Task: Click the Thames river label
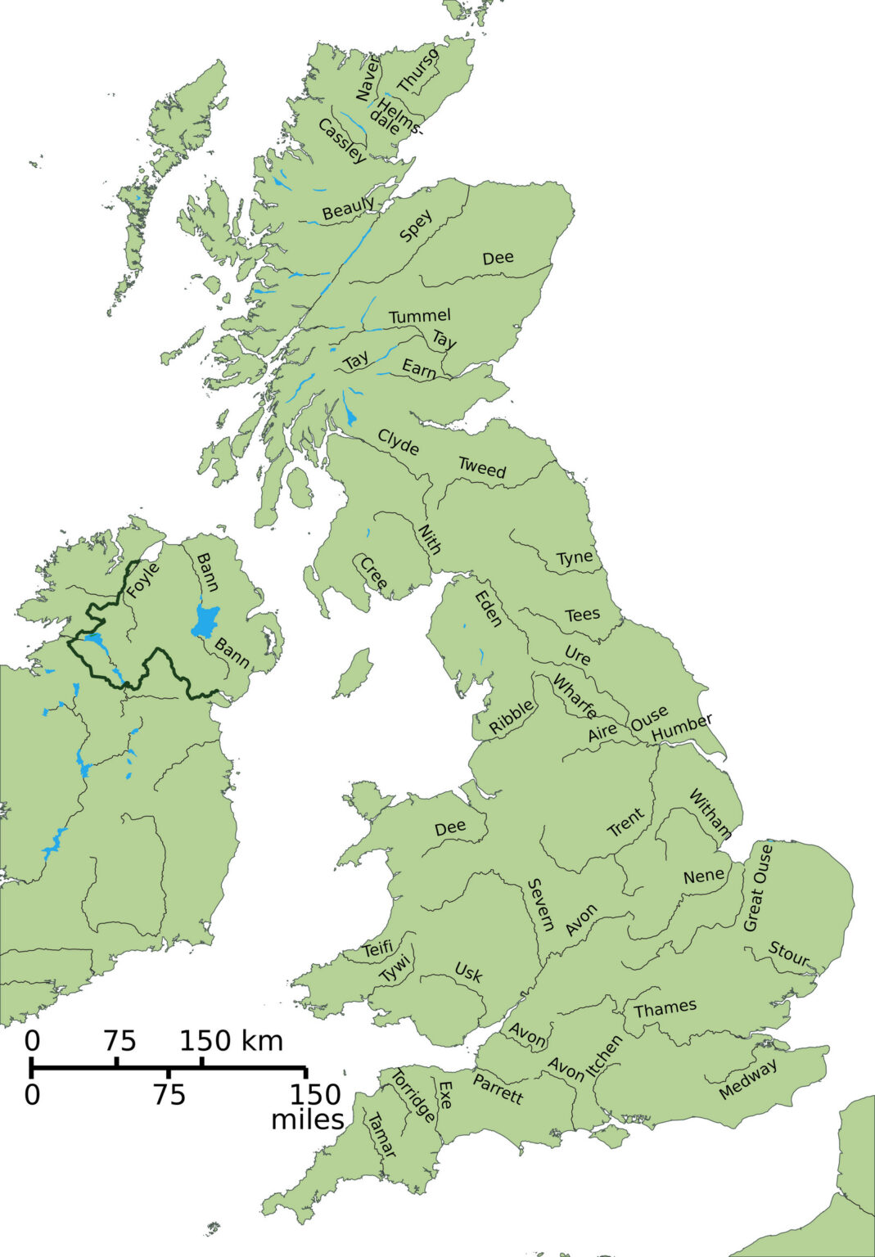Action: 665,1007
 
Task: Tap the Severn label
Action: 540,904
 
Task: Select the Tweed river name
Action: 482,468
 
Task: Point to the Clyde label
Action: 399,442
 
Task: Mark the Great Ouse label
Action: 757,888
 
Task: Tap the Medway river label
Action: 748,1079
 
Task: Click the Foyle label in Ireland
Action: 143,581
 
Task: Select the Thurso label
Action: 417,70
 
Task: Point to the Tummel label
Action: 419,316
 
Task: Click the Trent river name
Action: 625,823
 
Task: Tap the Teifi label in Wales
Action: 377,949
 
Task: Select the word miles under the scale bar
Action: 307,1119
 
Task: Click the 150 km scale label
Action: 232,1041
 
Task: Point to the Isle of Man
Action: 354,669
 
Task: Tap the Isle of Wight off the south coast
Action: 609,1135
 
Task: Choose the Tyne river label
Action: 575,557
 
